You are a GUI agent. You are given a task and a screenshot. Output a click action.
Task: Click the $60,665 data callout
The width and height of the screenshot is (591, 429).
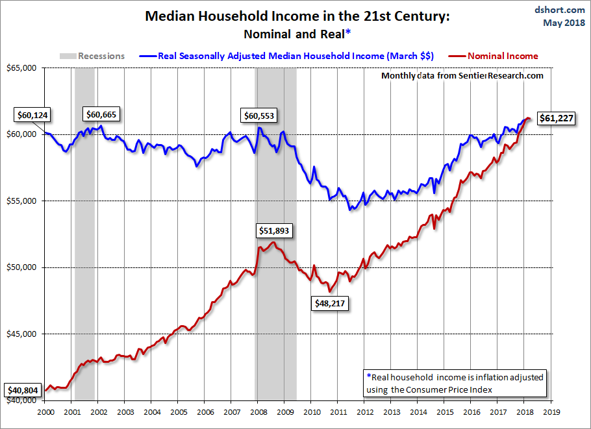(102, 115)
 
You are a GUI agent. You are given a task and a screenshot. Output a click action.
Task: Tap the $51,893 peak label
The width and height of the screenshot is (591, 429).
(274, 230)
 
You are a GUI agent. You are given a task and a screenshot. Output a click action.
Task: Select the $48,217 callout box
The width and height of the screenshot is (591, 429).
(331, 303)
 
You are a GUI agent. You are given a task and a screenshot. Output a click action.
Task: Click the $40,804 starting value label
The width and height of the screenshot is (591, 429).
(23, 391)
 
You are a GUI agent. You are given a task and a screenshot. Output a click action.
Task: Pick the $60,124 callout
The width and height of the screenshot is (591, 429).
(32, 116)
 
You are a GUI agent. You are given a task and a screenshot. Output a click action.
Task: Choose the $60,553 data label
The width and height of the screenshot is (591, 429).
(258, 116)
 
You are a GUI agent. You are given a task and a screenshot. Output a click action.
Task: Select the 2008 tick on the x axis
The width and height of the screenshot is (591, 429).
(258, 411)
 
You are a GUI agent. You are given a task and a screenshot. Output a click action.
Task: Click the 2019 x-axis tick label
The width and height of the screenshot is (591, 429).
(551, 411)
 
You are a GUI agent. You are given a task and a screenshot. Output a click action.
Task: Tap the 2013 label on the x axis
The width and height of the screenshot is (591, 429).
(392, 411)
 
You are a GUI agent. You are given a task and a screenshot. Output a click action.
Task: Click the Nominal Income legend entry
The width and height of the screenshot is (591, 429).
(503, 56)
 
